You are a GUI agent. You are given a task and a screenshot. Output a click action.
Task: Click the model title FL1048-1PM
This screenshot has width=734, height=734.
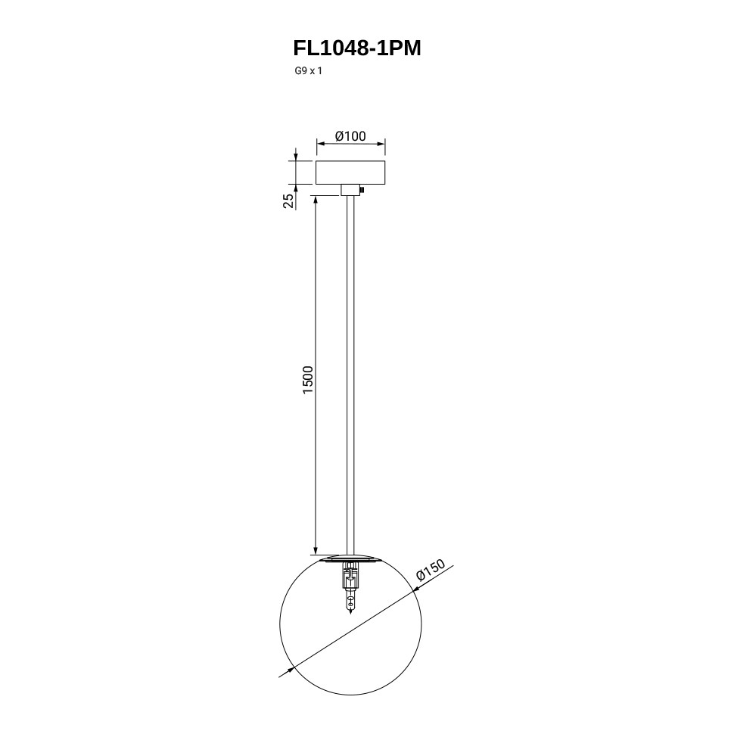(x=357, y=48)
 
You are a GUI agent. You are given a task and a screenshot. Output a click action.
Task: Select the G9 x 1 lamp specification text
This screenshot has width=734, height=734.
(x=308, y=71)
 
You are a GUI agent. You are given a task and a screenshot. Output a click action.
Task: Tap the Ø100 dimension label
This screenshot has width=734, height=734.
(x=350, y=136)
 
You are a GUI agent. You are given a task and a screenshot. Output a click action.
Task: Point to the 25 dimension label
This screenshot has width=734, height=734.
(x=289, y=201)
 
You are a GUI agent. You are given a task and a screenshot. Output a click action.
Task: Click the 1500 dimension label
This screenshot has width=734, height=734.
(x=307, y=380)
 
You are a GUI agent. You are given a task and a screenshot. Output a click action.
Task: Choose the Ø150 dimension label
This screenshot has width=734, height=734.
(x=431, y=570)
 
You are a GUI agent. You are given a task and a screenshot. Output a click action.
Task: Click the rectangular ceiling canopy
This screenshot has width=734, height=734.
(x=350, y=173)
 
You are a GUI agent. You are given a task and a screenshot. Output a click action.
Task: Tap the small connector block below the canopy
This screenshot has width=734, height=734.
(x=350, y=190)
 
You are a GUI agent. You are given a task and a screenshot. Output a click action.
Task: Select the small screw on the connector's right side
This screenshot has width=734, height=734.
(x=362, y=190)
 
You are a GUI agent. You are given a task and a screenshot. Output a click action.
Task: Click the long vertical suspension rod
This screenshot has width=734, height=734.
(x=350, y=375)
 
